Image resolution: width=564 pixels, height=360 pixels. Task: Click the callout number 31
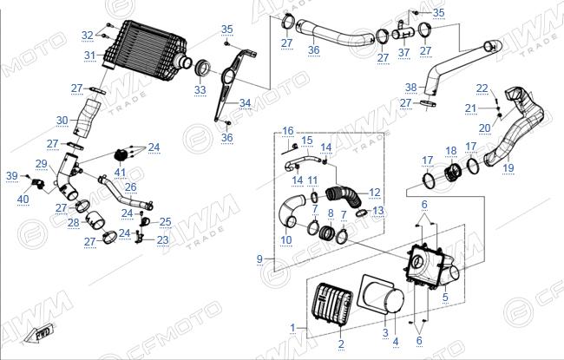pyautogui.click(x=90, y=56)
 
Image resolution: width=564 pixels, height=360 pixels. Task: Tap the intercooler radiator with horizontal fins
pyautogui.click(x=147, y=48)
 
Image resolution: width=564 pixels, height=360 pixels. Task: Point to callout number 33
pyautogui.click(x=200, y=89)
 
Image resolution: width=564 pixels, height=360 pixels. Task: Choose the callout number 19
pyautogui.click(x=508, y=167)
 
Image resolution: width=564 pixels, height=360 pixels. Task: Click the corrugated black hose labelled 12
pyautogui.click(x=343, y=198)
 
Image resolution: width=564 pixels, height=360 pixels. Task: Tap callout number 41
pyautogui.click(x=120, y=173)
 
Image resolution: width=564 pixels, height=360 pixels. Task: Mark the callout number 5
pyautogui.click(x=445, y=298)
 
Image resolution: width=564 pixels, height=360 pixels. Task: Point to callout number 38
pyautogui.click(x=410, y=87)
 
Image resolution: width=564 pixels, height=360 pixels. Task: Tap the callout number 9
pyautogui.click(x=259, y=259)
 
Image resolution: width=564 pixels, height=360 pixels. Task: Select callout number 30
pyautogui.click(x=62, y=120)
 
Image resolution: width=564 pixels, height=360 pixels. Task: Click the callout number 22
pyautogui.click(x=482, y=88)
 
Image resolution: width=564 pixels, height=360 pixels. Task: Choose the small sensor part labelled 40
pyautogui.click(x=37, y=183)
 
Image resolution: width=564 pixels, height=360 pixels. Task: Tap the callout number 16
pyautogui.click(x=287, y=131)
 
